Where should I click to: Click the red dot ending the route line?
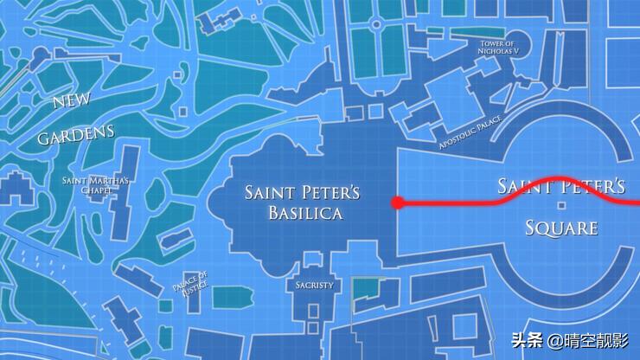397,203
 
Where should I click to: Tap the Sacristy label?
314,285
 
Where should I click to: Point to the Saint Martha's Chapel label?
96,185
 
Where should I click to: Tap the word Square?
562,228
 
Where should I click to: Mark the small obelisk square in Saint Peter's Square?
561,205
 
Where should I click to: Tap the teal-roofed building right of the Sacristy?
369,290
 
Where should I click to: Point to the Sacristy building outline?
313,303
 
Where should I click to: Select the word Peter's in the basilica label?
329,191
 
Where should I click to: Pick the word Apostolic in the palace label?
457,140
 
